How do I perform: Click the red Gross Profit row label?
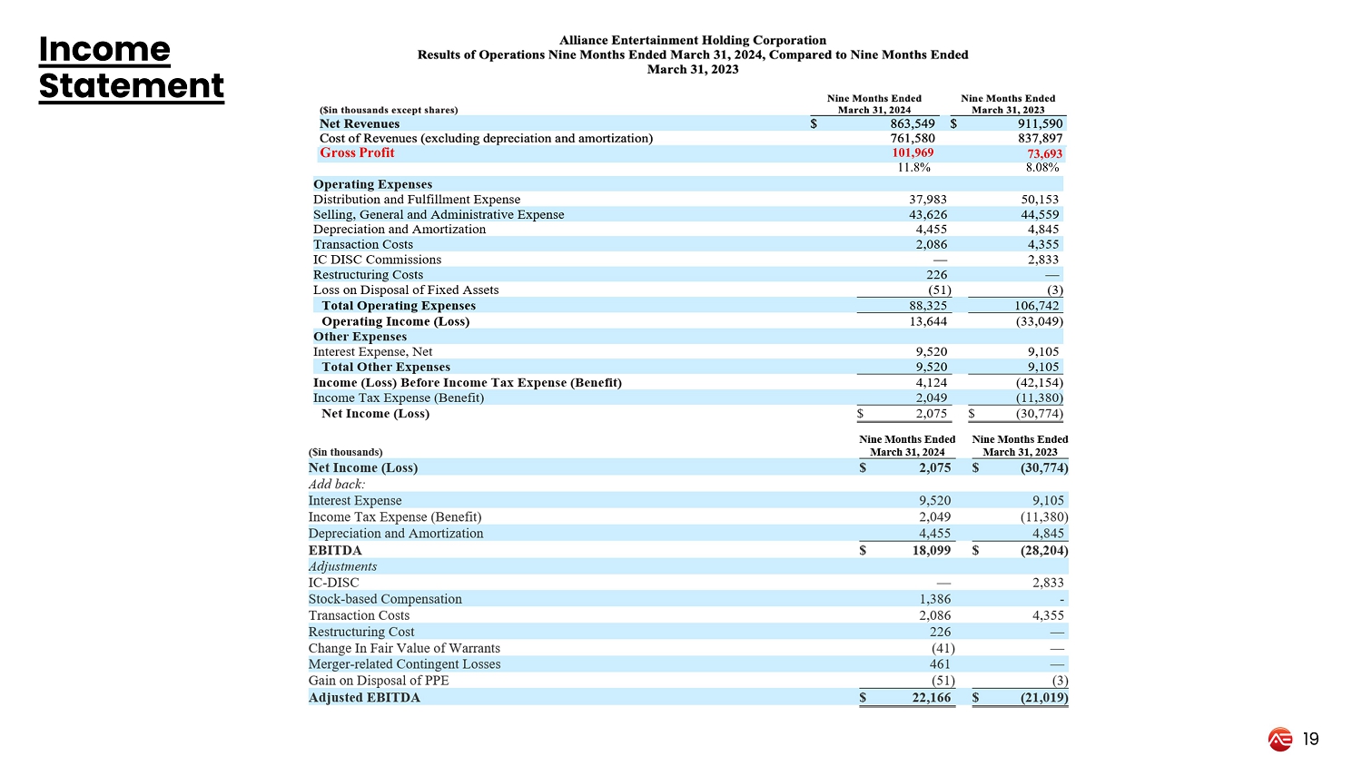click(x=357, y=152)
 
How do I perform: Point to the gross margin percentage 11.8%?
click(x=913, y=167)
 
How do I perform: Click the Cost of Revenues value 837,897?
click(x=1040, y=138)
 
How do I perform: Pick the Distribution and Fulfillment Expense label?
click(x=417, y=200)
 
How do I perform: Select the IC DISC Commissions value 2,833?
click(x=1042, y=260)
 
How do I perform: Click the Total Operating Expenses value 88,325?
click(x=927, y=306)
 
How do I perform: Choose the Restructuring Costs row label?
click(x=368, y=275)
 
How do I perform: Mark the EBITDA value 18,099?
click(x=932, y=550)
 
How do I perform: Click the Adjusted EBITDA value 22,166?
click(x=932, y=698)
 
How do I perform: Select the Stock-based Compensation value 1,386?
click(x=935, y=599)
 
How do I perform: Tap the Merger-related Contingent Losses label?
click(x=404, y=664)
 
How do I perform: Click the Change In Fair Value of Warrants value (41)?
click(x=943, y=648)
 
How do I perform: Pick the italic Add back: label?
click(x=337, y=484)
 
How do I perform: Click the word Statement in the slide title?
click(x=131, y=86)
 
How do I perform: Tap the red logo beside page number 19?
click(x=1280, y=740)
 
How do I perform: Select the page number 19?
click(x=1310, y=740)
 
